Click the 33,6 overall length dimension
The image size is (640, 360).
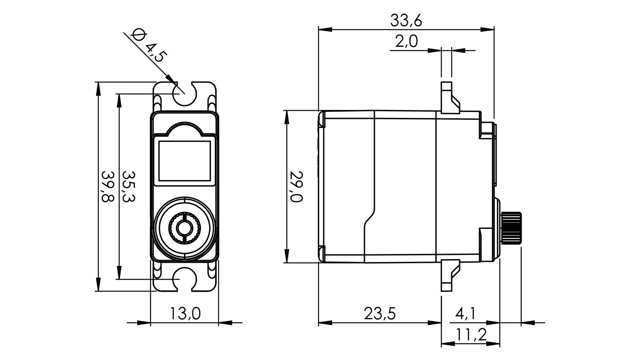[406, 20]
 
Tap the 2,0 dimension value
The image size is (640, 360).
[406, 42]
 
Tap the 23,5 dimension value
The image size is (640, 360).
[380, 314]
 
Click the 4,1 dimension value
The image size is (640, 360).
[465, 314]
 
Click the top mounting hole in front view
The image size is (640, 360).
[184, 93]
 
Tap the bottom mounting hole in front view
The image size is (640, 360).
[184, 279]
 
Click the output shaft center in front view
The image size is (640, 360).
[184, 228]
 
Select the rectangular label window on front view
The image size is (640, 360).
[184, 161]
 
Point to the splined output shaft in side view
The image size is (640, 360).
[512, 228]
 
